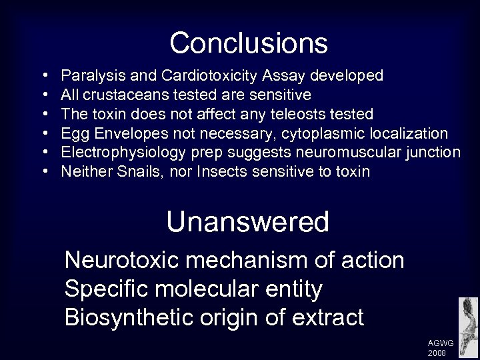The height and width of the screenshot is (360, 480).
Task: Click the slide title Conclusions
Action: pos(249,43)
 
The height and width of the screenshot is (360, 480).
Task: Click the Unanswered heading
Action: pos(248,222)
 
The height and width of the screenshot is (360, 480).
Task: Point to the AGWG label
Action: pos(441,343)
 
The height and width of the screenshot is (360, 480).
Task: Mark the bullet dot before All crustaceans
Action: pos(44,95)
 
